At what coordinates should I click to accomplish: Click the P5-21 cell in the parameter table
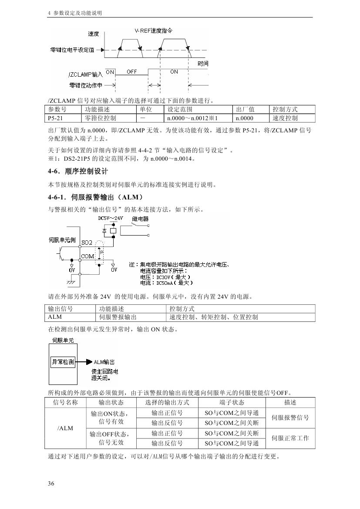point(55,118)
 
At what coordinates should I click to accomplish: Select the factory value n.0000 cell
point(244,118)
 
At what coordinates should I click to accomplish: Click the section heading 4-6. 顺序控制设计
point(78,172)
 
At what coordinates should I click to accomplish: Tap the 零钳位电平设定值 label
point(73,50)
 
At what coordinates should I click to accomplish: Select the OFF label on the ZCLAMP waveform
point(131,71)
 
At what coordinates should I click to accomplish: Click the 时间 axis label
point(202,64)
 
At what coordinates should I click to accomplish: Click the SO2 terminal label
point(87,242)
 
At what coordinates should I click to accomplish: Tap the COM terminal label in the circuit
point(87,256)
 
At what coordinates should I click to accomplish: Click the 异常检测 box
point(63,361)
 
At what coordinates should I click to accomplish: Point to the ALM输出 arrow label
point(104,362)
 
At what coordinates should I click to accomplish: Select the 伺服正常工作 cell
point(290,438)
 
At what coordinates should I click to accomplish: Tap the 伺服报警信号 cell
point(290,418)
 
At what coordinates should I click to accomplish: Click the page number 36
point(51,483)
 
